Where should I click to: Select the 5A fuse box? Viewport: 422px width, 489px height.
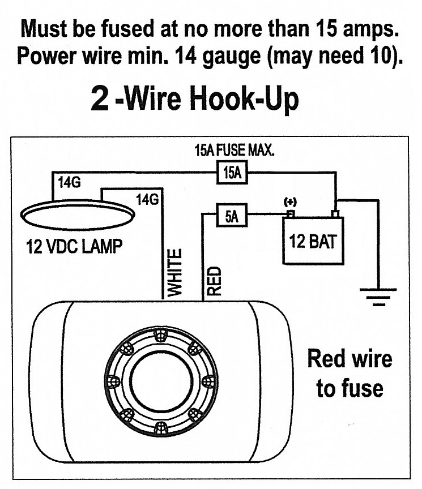(x=231, y=216)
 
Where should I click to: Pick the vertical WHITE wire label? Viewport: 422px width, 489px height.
(x=176, y=272)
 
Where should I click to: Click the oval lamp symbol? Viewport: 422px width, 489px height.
(x=78, y=215)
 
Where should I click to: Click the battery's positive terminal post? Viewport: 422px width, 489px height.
(x=290, y=213)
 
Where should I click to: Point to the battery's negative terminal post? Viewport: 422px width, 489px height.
(x=335, y=213)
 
